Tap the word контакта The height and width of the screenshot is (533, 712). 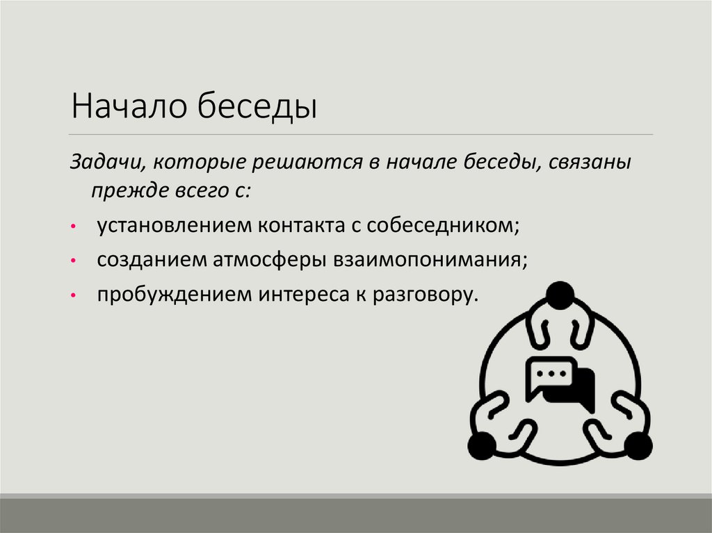point(303,226)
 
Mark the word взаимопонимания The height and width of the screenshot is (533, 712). point(431,260)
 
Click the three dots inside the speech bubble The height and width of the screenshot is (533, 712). point(553,374)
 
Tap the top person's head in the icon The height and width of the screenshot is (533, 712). point(559,295)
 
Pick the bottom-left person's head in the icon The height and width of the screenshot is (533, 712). point(480,445)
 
